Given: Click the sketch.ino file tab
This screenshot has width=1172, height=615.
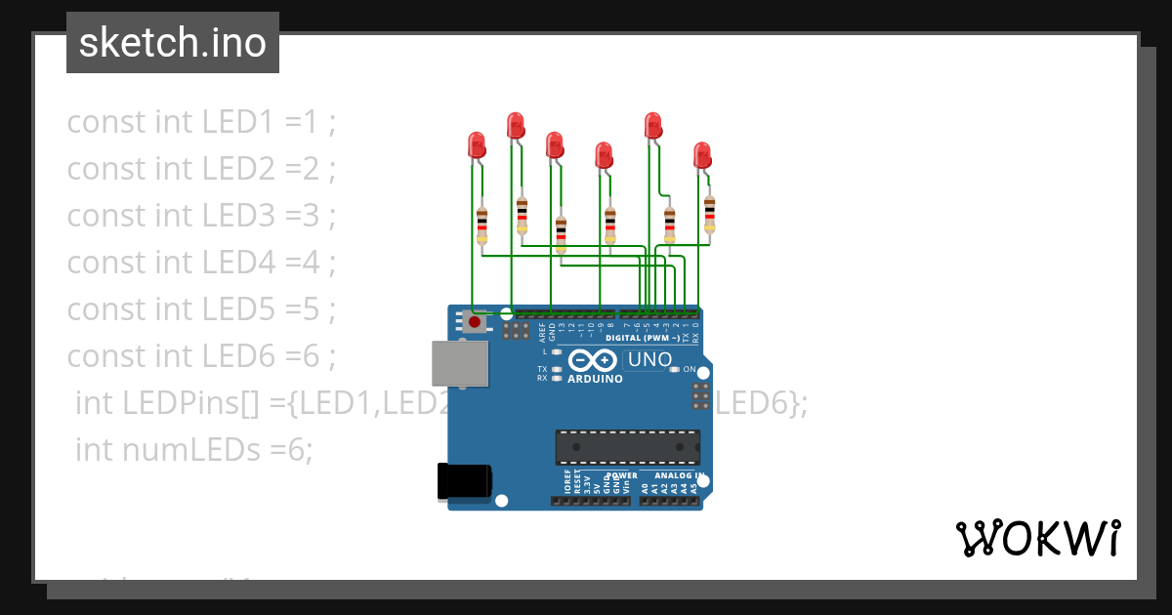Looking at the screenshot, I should point(172,43).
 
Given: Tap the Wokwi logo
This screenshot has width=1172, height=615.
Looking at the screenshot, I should point(1037,538).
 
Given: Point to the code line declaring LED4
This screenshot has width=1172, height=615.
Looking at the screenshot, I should point(201,263).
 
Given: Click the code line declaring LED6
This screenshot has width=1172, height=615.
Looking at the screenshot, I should point(201,356).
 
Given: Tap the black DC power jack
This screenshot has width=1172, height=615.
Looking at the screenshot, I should point(464,482).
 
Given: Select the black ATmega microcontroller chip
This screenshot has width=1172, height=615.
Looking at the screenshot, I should point(628,447).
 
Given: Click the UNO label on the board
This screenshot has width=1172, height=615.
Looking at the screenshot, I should point(649,359).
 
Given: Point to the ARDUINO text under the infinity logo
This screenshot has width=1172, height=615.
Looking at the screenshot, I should point(595,379).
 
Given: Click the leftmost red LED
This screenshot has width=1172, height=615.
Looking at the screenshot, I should point(477,145).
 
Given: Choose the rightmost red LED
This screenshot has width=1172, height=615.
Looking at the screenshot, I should point(701,155).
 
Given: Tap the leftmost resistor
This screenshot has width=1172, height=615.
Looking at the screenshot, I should point(481,225).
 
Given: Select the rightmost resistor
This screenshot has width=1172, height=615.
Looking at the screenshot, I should point(709,214).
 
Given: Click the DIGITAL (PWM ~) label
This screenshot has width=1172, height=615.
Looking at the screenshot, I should point(646,339).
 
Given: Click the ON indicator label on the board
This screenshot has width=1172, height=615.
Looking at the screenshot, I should point(689,369).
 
